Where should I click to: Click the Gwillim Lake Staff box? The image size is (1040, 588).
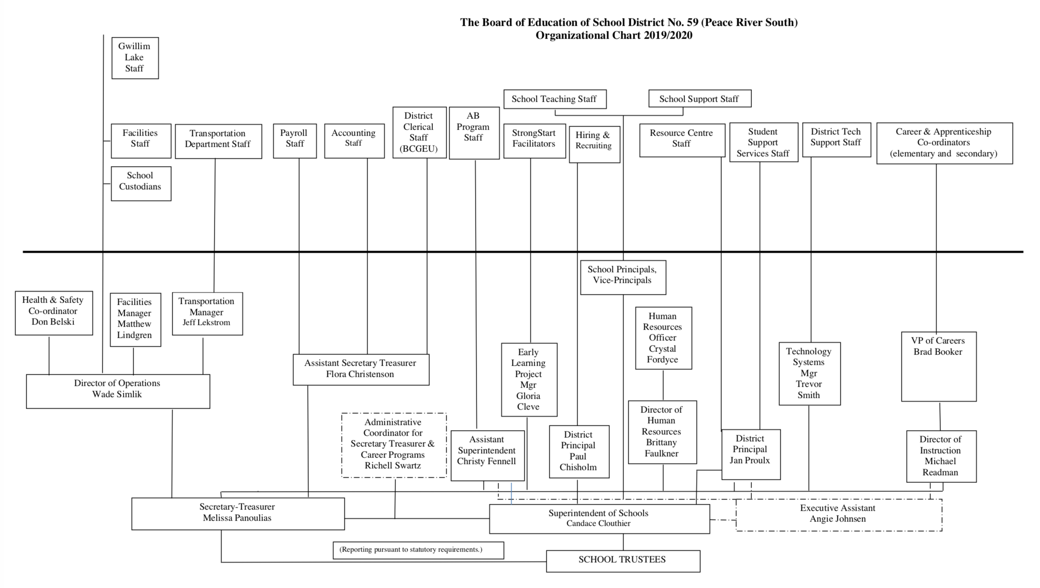tap(135, 58)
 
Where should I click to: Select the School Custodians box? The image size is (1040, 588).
tap(141, 183)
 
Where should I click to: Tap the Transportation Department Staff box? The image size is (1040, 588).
tap(218, 141)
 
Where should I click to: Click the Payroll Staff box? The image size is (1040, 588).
tap(295, 141)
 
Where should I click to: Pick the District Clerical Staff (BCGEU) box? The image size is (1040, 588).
tap(419, 133)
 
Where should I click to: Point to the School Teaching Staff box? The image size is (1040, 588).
tap(554, 99)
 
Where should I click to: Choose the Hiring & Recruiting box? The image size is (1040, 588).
tap(594, 144)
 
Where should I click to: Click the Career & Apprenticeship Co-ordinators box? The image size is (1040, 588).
tap(944, 143)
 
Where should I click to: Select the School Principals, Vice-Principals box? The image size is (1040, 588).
tap(623, 277)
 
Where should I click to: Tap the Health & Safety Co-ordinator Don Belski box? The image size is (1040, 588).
tap(54, 312)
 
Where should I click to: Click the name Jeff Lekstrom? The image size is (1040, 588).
tap(207, 322)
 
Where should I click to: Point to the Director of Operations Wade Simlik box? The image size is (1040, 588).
tap(118, 391)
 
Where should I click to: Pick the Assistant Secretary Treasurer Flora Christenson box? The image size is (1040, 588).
tap(361, 369)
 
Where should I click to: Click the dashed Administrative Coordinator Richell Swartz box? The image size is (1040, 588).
tap(393, 445)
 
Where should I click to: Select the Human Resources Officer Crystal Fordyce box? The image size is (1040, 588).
tap(663, 338)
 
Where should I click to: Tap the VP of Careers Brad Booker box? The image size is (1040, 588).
tap(938, 366)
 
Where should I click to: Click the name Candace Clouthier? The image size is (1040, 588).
tap(598, 524)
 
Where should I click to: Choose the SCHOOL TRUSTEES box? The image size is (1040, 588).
tap(623, 561)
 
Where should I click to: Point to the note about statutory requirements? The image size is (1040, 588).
tap(418, 550)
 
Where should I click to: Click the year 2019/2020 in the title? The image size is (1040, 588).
tap(668, 36)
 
